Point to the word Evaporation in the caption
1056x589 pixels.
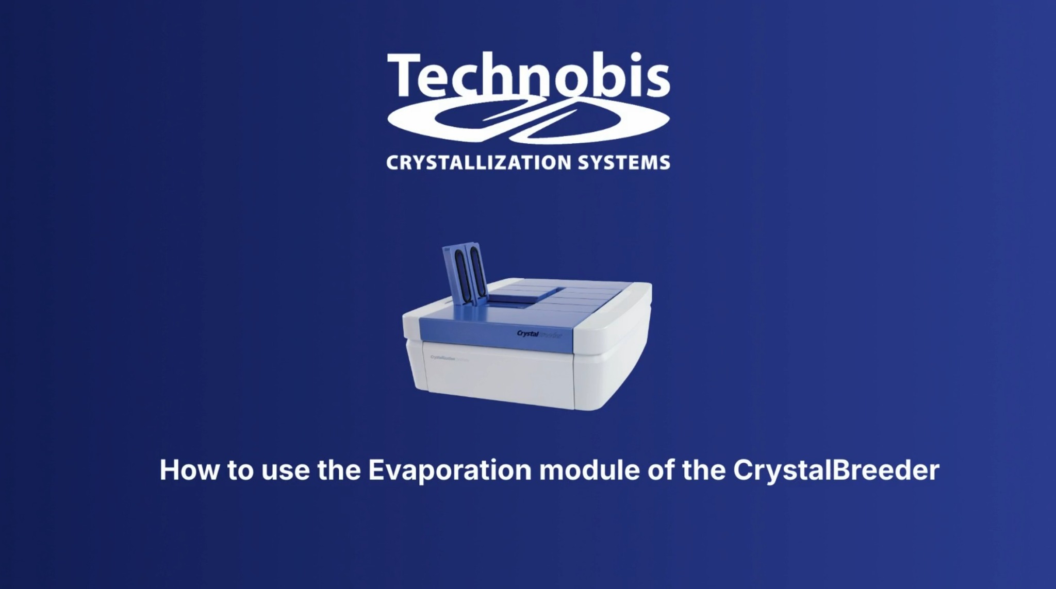(x=449, y=470)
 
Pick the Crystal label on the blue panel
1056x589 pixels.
(x=528, y=334)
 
